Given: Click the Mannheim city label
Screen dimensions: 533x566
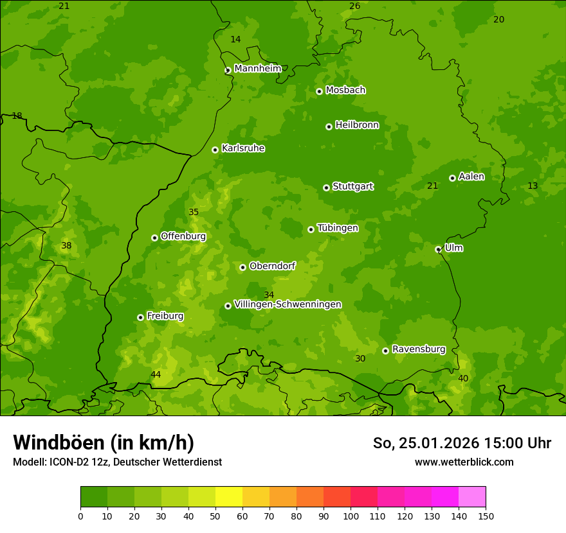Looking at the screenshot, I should point(257,69).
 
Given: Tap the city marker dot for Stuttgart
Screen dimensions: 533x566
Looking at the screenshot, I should point(326,188).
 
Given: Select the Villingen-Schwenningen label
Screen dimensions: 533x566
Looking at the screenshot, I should point(288,304).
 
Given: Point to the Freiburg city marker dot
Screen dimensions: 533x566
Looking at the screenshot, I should point(140,317).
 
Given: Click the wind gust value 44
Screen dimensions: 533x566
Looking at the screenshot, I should point(156,374).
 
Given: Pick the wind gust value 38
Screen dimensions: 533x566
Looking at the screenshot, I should point(66,245).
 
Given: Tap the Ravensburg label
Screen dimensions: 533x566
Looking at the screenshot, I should point(419,349).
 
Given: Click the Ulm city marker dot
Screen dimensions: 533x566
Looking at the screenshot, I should point(438,249).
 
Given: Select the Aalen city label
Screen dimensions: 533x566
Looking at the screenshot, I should point(471,177).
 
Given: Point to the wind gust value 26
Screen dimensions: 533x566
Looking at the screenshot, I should point(354,6).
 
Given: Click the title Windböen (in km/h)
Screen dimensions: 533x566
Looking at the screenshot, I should point(104,442).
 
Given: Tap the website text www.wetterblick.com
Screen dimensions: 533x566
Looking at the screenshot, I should point(464,462).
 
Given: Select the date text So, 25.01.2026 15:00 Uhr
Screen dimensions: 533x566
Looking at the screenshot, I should point(462,443).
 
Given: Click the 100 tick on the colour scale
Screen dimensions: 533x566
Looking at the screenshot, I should point(351,516).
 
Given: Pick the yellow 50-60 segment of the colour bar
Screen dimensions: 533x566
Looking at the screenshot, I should point(229,497).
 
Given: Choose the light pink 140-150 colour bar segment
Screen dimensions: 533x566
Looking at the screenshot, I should point(472,497).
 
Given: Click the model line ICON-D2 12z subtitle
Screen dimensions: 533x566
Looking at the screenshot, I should point(117,462).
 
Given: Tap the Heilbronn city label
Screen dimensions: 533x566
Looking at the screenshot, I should point(357,125).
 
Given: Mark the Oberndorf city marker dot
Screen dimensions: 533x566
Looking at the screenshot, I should point(242,267).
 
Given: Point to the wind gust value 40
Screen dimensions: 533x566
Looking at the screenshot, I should point(463,378).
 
